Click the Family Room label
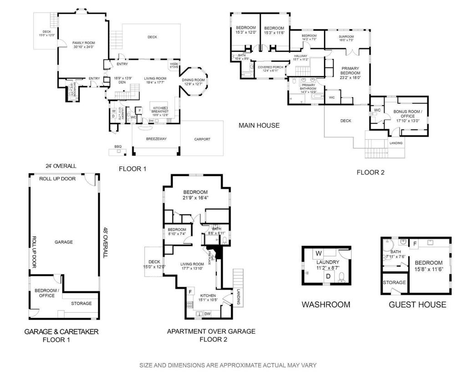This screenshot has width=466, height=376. point(83,42)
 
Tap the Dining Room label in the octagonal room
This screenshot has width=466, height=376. point(193,80)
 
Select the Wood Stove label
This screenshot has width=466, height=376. point(174,66)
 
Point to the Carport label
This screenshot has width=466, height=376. point(202,139)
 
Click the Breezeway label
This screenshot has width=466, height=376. point(155,138)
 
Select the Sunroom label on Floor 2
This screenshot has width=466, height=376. point(346,36)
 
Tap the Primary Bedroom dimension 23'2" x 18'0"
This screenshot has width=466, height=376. point(350,77)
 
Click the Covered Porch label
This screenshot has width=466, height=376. point(270,67)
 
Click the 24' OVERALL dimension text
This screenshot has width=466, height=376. point(59,166)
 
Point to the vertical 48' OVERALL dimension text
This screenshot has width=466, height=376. point(105,242)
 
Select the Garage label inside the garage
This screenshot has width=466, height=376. point(64,242)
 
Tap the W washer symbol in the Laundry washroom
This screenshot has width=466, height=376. point(319,253)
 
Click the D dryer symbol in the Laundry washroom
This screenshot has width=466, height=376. point(327,276)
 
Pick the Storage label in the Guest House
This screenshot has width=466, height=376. point(394,283)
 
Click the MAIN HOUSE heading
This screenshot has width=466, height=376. point(259,125)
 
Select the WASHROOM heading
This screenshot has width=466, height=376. point(326,305)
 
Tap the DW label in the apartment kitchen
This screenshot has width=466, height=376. point(208,314)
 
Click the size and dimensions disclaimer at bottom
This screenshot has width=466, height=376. point(228,365)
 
